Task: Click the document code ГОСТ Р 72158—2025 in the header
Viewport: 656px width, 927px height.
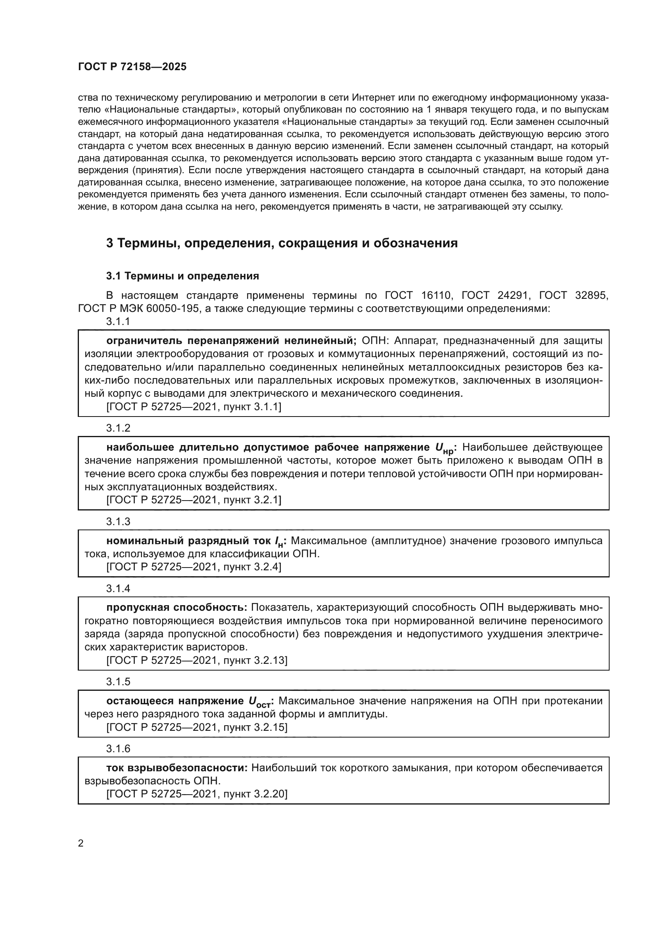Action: click(x=132, y=67)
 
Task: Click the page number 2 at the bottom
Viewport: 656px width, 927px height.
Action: click(x=81, y=843)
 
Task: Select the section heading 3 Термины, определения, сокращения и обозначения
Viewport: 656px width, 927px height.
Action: click(x=282, y=243)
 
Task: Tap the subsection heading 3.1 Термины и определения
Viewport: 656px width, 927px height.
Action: click(x=182, y=276)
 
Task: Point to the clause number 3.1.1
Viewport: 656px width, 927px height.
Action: click(x=118, y=322)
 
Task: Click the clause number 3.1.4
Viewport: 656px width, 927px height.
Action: click(x=118, y=588)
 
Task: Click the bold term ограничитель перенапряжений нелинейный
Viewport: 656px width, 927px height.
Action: click(x=231, y=341)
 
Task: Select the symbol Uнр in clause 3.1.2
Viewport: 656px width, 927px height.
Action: click(x=444, y=448)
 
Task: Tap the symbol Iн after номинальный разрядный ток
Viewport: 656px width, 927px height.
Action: click(x=279, y=541)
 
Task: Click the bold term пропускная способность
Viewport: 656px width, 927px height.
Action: click(x=176, y=608)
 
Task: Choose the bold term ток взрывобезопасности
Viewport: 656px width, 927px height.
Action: click(x=177, y=768)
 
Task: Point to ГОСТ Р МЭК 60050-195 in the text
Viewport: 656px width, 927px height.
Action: click(x=138, y=309)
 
